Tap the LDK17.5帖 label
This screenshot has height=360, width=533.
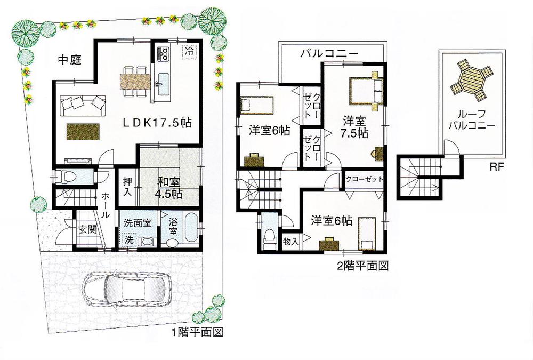point(158,122)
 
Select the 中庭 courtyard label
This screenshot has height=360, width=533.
point(69,61)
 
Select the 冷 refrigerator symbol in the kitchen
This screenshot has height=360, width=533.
point(189,52)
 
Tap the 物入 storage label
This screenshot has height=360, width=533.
point(290,242)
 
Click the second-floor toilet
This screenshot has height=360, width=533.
point(270,235)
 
